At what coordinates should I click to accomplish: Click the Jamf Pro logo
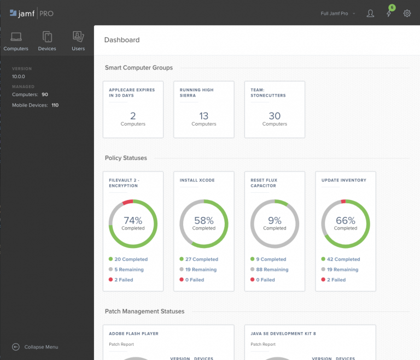[x=32, y=13]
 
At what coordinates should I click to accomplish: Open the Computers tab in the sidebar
[x=16, y=42]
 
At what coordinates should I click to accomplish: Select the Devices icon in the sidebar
[x=47, y=42]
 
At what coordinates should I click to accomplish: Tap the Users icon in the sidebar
[x=78, y=42]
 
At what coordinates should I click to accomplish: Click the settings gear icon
[x=407, y=13]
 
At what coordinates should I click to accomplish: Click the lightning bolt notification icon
[x=389, y=14]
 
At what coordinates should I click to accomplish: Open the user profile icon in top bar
[x=370, y=13]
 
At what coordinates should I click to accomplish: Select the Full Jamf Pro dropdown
[x=337, y=13]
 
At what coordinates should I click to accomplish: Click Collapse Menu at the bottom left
[x=41, y=347]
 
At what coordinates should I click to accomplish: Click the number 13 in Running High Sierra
[x=203, y=116]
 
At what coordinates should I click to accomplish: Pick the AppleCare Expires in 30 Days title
[x=132, y=92]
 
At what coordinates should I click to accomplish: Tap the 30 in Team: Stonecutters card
[x=275, y=116]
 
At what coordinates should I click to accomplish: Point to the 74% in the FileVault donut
[x=133, y=221]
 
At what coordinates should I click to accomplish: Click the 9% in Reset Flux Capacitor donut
[x=275, y=221]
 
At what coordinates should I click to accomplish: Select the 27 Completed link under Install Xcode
[x=202, y=259]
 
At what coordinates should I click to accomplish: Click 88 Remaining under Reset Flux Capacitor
[x=272, y=269]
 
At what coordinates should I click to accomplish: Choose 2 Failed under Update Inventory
[x=336, y=280]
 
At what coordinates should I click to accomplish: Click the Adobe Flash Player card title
[x=133, y=333]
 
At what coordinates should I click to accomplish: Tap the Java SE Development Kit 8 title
[x=283, y=333]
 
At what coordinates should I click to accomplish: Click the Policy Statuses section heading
[x=126, y=158]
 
